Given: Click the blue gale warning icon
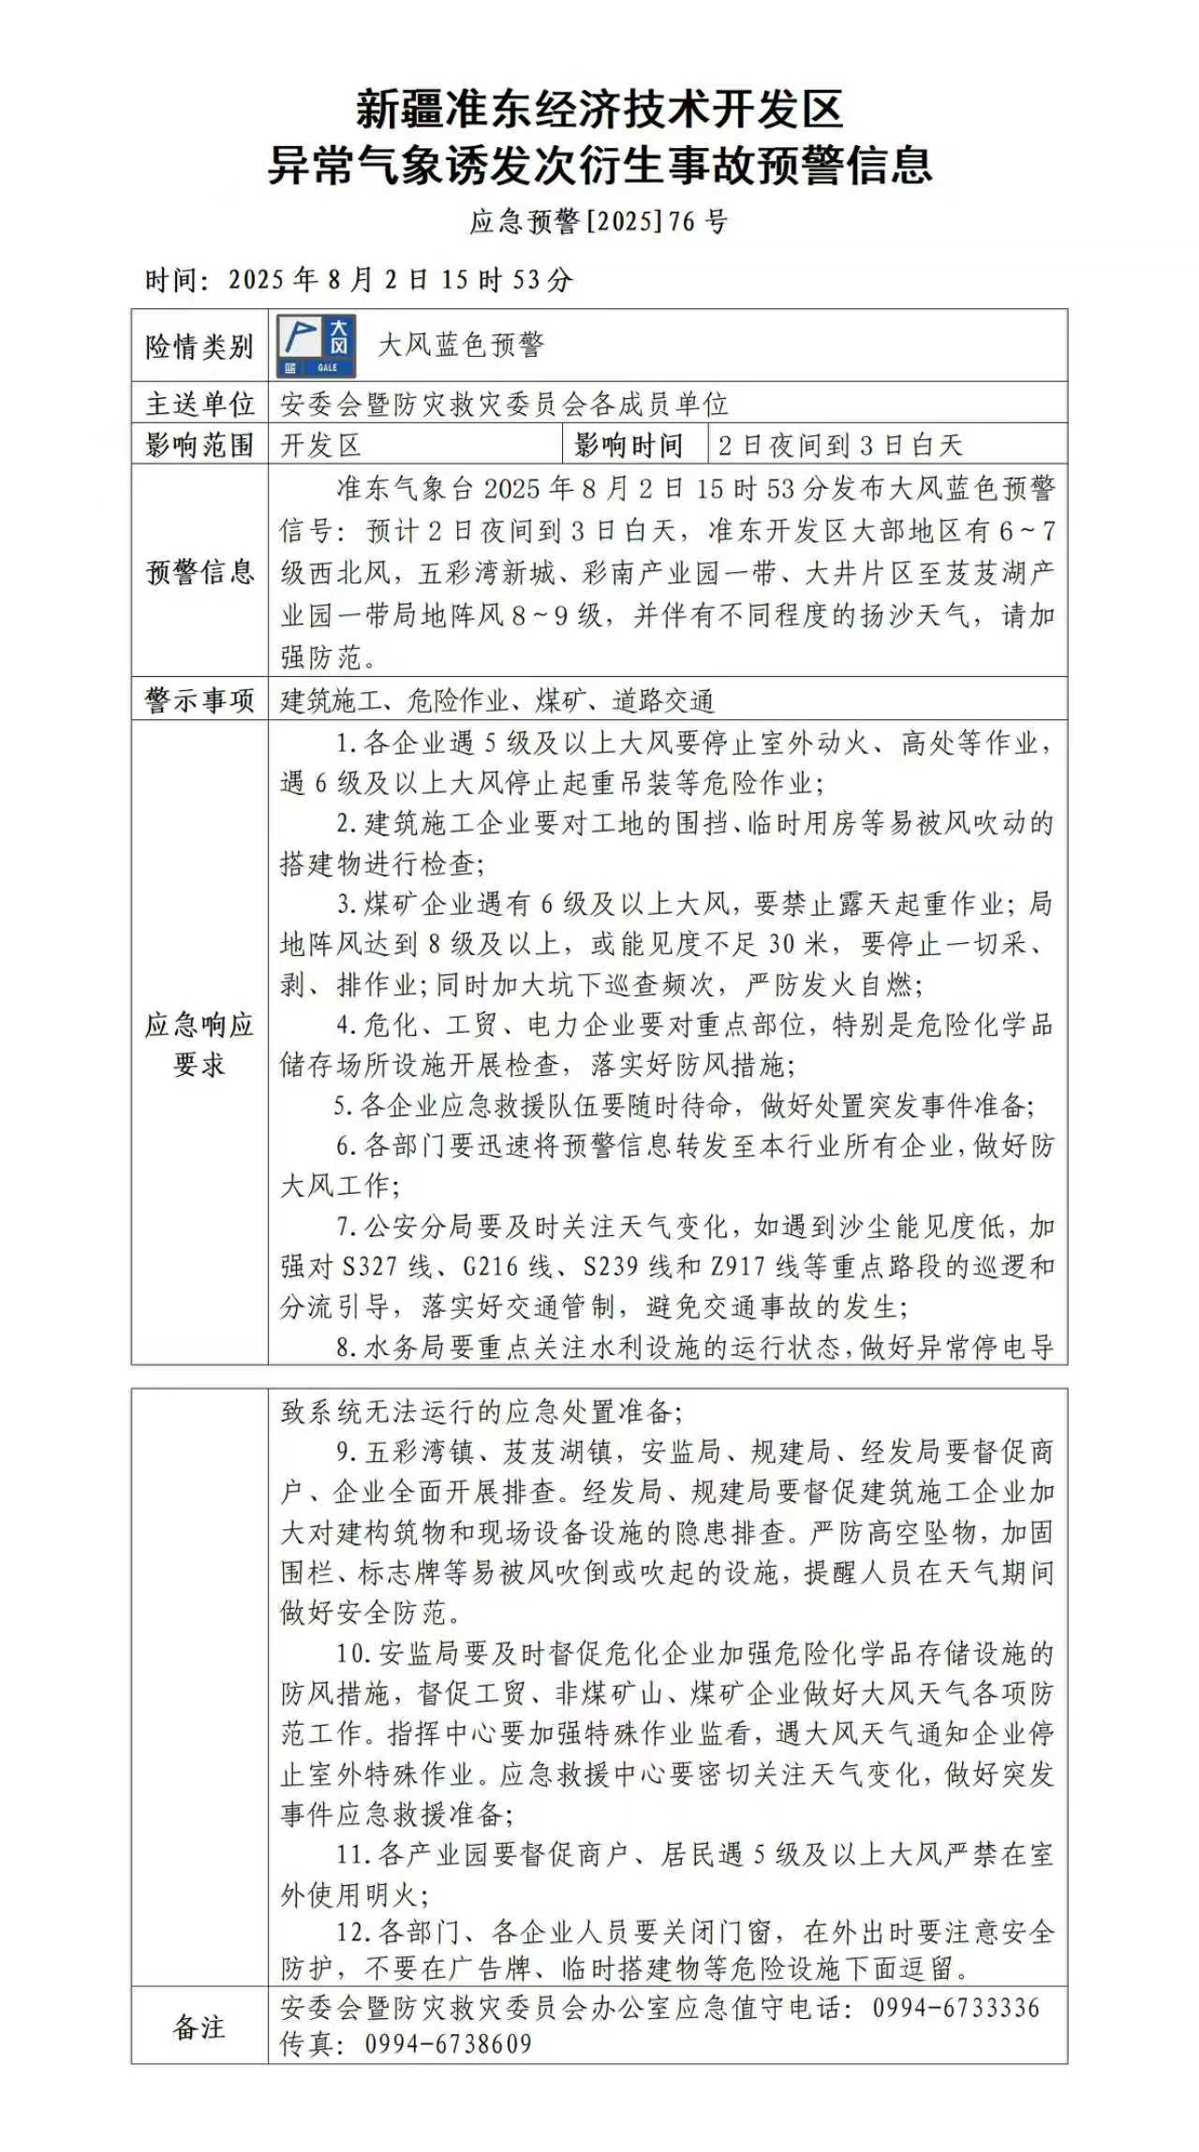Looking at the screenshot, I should click(317, 346).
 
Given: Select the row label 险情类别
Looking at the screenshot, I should click(200, 346).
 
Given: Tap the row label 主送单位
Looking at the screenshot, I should click(200, 404).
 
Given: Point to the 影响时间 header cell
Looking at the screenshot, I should click(629, 445).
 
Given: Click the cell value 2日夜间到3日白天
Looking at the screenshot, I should click(839, 445).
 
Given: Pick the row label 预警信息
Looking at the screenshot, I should click(200, 571).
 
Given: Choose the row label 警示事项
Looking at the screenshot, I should click(200, 700).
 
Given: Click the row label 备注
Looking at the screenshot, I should click(200, 2027).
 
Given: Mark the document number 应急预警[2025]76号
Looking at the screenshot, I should click(599, 222).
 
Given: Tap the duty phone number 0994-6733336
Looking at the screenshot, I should click(955, 2008).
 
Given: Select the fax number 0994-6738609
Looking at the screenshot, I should click(448, 2044).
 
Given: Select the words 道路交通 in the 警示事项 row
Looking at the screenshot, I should click(663, 700).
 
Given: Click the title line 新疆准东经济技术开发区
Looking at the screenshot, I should click(599, 110).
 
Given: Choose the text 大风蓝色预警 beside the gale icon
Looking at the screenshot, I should click(460, 346).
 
